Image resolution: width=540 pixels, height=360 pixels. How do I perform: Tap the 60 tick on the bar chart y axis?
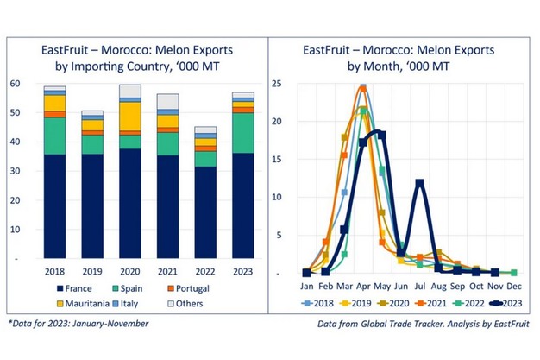tap(16, 84)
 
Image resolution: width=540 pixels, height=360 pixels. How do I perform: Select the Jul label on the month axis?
tap(419, 285)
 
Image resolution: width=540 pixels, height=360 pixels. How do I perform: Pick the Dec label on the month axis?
tap(513, 285)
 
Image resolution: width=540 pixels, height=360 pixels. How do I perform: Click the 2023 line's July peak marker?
tap(419, 183)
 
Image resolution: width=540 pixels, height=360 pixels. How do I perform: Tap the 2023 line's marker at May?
tap(381, 135)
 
